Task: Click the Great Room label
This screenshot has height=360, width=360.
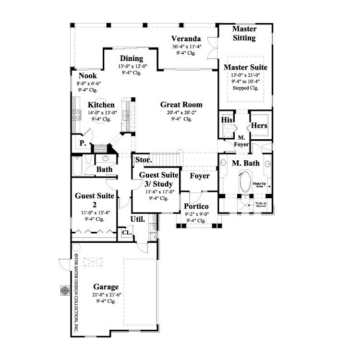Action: pos(181,105)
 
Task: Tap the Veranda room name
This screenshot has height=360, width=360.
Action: pos(187,39)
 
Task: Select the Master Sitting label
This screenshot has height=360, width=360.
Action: pos(244,34)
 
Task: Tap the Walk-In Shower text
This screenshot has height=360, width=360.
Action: pos(261,204)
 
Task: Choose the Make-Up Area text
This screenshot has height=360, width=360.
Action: pos(260,185)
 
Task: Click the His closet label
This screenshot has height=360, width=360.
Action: pos(227,120)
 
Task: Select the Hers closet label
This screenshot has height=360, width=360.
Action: pos(259,126)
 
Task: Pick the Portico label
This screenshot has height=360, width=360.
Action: pos(196,206)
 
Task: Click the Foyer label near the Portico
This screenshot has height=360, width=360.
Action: pos(200,176)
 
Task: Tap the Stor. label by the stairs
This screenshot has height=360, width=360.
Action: pos(143,160)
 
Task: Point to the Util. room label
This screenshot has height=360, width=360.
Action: pos(138,219)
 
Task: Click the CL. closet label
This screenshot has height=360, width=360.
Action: pos(126,232)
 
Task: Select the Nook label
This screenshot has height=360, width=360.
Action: pos(88,75)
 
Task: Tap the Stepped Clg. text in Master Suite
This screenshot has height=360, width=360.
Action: pos(245,88)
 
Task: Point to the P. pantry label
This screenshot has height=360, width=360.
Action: pos(82,143)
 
